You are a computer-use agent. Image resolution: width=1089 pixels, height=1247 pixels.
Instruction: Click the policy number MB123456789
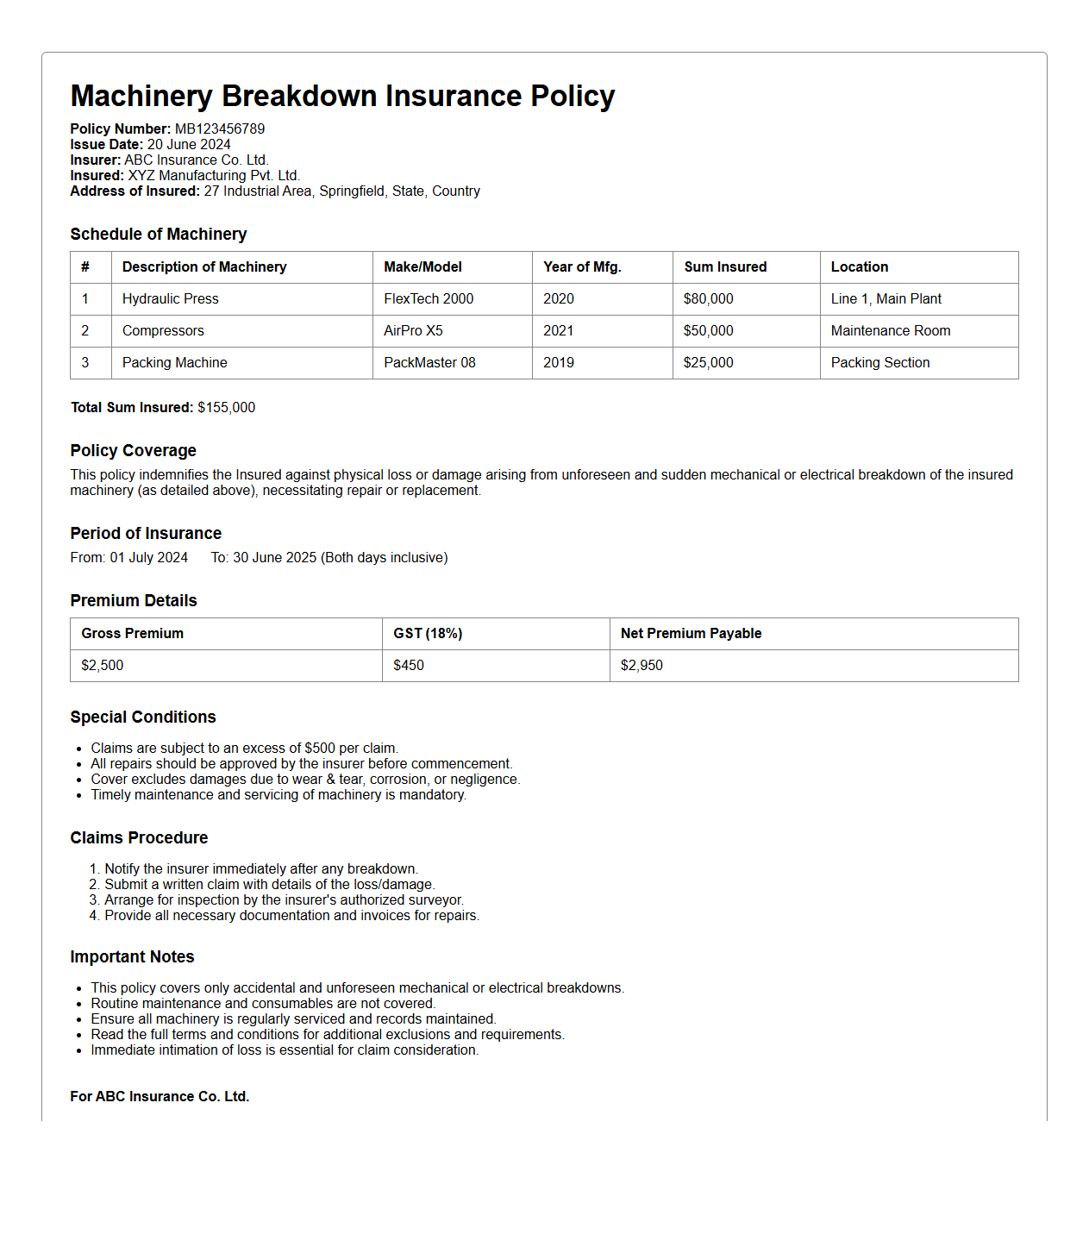[220, 129]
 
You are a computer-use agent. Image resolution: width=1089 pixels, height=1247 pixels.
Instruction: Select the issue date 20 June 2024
[189, 145]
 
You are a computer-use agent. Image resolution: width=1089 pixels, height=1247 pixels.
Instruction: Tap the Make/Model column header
[422, 267]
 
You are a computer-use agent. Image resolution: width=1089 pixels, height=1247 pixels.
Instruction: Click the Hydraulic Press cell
[171, 299]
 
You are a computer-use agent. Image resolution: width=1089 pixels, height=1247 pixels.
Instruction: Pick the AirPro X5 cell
[413, 331]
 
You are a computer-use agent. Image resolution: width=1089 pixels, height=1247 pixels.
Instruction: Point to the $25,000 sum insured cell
[708, 363]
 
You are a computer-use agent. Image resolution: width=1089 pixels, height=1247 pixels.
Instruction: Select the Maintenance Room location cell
[890, 331]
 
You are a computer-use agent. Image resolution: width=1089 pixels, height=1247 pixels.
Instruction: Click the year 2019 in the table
[558, 363]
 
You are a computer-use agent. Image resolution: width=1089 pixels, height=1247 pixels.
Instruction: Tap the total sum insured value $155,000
[226, 408]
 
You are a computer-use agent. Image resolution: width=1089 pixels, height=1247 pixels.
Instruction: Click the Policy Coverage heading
[133, 451]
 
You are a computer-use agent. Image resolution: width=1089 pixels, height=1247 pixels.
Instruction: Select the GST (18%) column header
[428, 634]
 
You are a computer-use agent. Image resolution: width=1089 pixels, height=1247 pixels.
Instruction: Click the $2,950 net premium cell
[642, 666]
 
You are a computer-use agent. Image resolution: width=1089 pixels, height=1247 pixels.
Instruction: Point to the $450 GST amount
[409, 666]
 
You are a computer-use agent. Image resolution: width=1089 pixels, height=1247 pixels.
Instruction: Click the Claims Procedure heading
[139, 838]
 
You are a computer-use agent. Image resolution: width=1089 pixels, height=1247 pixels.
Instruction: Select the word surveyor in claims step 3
[435, 900]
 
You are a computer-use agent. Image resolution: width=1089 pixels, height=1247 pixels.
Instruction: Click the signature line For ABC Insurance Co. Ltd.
[160, 1097]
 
